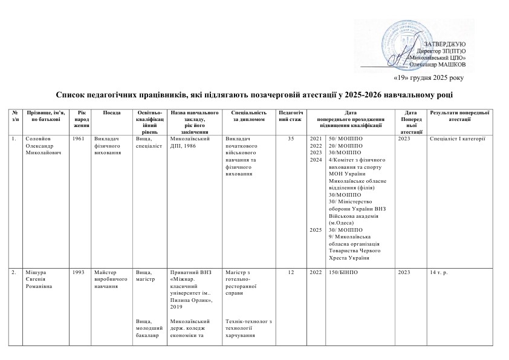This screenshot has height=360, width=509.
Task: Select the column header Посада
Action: click(x=111, y=113)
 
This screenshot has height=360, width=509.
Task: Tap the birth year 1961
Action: click(x=77, y=139)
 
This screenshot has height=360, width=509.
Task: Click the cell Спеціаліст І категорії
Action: click(x=458, y=139)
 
